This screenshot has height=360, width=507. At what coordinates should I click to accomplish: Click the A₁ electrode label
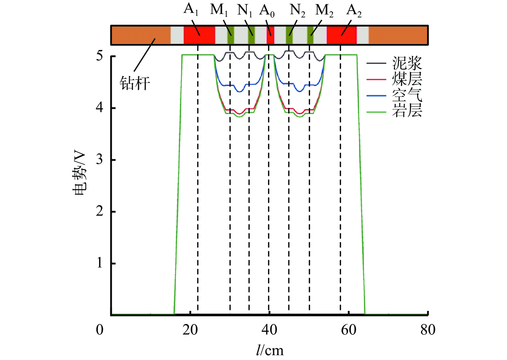coord(191,10)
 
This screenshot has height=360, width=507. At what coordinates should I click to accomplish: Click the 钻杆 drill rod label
coord(135,83)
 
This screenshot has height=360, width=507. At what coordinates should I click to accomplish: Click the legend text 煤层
coord(407,79)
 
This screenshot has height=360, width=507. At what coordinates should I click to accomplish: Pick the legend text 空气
coord(407,95)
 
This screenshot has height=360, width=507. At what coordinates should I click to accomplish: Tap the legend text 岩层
coord(407,110)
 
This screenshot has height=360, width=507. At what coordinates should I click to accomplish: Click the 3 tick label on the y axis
coord(100,160)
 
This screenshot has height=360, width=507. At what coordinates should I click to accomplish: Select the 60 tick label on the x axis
coord(348,330)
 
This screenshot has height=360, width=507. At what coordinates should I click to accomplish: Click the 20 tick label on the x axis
coord(190,330)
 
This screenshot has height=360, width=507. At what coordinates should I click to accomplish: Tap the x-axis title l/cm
coord(270,350)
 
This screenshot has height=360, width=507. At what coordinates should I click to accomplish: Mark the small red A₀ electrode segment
coord(270,35)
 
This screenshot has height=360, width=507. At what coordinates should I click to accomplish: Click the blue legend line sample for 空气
coord(376,95)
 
